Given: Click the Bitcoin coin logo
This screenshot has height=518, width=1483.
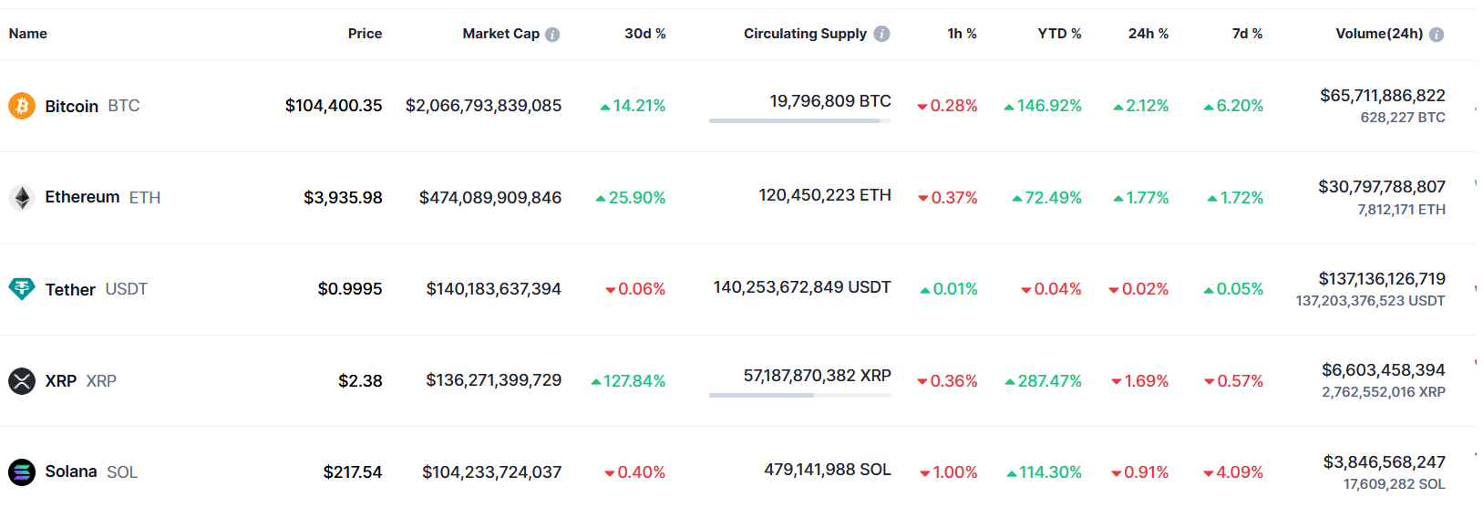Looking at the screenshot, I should tap(22, 106).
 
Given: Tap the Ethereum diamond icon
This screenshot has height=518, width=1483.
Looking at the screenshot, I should tap(22, 197).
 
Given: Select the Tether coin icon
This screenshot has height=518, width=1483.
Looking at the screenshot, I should tap(22, 289).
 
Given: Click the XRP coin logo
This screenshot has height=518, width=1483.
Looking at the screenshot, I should tap(22, 380).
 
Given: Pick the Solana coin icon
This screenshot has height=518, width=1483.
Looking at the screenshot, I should tap(22, 471).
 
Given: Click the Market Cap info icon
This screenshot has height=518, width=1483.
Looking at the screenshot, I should tap(552, 35).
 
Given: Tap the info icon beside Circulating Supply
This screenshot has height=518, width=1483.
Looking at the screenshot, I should tap(881, 34).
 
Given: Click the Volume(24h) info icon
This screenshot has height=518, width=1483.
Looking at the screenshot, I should tap(1437, 35).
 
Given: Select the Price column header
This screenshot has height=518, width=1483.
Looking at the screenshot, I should tap(365, 34).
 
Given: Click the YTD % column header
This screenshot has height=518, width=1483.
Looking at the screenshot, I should tap(1059, 34).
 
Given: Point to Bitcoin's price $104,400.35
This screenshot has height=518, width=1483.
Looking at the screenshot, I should tap(334, 106).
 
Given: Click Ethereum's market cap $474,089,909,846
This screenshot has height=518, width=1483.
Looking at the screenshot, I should tap(490, 198).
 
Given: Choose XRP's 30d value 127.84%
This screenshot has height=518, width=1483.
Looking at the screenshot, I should tap(634, 381).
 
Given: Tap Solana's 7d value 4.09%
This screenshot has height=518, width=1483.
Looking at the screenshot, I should tap(1240, 472).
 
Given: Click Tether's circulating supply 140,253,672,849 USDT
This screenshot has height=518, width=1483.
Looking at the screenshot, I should tap(802, 287).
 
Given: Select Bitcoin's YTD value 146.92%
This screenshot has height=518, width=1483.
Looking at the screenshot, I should tap(1049, 106).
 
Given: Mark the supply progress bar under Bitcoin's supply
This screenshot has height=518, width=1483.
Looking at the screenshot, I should tap(799, 120).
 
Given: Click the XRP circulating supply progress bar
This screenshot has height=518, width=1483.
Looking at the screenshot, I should tap(799, 395).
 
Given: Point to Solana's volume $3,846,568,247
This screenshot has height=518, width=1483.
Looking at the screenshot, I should tap(1385, 462).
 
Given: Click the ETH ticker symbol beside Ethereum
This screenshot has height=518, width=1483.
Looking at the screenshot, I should tap(145, 198).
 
